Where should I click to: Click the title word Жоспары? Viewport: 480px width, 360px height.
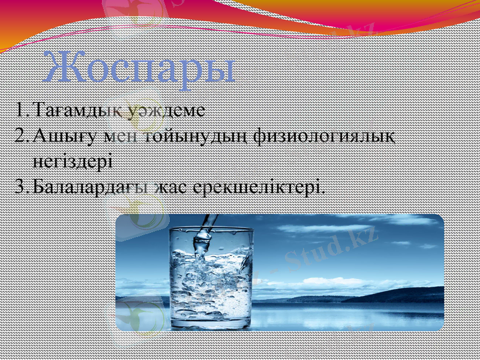[x=139, y=68]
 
